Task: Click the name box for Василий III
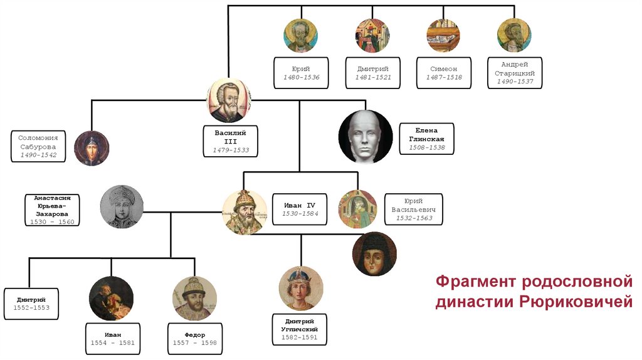230,141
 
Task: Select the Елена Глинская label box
426,139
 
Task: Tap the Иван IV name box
297,209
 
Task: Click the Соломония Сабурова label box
38,146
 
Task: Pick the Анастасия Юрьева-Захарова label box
52,209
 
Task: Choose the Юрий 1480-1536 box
300,72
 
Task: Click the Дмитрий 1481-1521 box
372,72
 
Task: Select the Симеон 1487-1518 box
443,72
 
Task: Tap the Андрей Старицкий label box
514,73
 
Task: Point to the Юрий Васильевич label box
413,209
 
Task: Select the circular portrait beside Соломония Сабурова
92,148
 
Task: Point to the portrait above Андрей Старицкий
514,35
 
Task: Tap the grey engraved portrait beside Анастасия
122,206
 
